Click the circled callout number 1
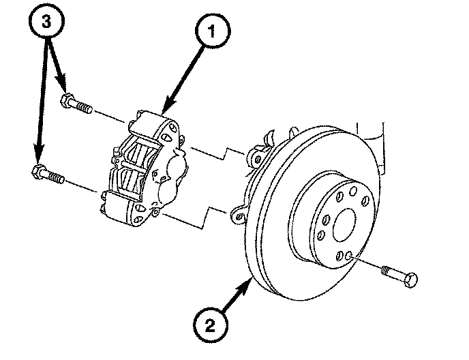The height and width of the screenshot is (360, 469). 213,31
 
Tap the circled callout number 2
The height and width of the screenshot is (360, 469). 210,325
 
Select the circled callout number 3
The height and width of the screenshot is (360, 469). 46,22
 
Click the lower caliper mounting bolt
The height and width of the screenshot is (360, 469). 48,175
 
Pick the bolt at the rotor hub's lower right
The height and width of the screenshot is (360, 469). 399,276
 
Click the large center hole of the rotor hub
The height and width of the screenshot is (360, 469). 344,225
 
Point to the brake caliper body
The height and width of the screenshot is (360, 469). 144,168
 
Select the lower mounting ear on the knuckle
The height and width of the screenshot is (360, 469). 238,215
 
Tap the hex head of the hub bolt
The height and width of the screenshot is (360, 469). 410,280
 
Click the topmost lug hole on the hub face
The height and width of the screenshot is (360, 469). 353,191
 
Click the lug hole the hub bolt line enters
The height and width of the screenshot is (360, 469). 349,256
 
